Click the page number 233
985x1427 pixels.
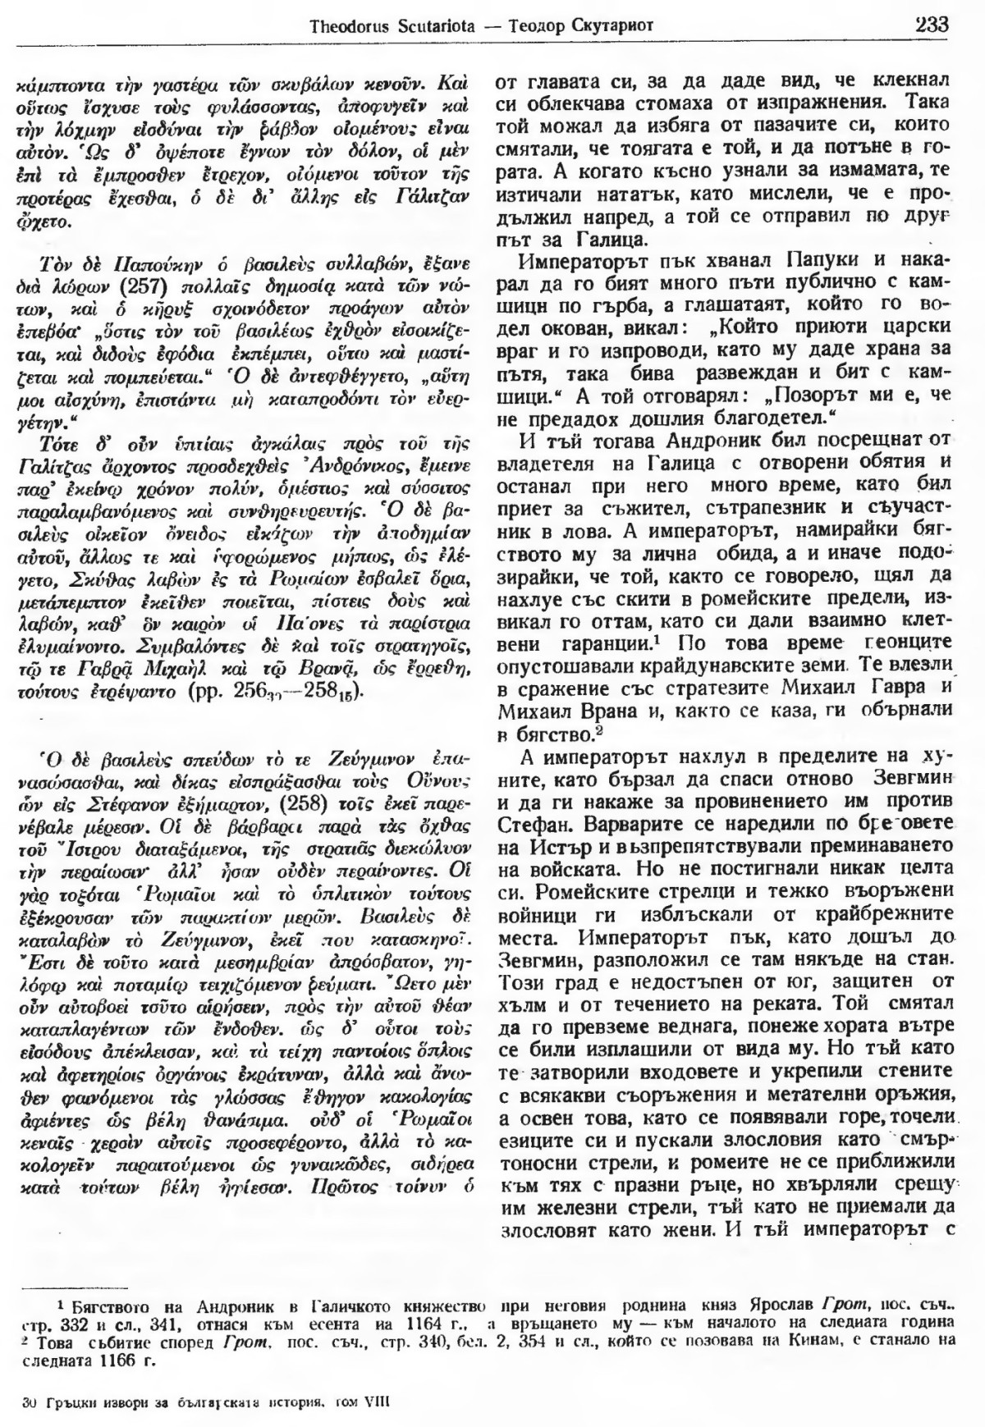point(931,24)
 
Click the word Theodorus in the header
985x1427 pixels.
point(346,26)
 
